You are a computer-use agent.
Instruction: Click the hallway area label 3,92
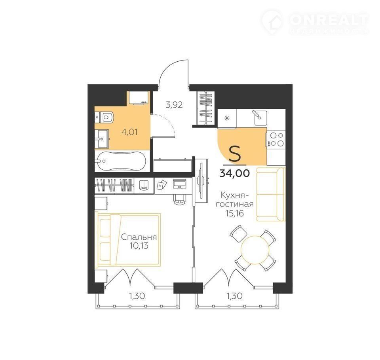point(174,105)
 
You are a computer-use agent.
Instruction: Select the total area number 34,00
point(234,173)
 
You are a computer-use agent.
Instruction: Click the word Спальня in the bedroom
point(139,237)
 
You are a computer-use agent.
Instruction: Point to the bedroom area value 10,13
point(139,246)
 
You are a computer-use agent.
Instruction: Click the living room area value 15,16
point(234,214)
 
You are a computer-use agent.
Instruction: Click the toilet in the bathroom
point(104,117)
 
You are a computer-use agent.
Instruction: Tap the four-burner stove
point(276,139)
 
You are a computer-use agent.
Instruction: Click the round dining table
point(255,250)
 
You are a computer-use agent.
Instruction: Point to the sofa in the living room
point(271,194)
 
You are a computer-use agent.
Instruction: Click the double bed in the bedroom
point(128,239)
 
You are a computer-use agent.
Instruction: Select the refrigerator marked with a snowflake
point(227,118)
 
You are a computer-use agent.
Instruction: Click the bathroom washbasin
point(102,138)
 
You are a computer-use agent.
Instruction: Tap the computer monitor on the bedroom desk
point(180,184)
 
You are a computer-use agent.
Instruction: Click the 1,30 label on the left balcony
point(137,296)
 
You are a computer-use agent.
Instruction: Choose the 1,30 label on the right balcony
point(234,296)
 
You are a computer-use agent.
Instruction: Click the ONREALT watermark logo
point(315,22)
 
